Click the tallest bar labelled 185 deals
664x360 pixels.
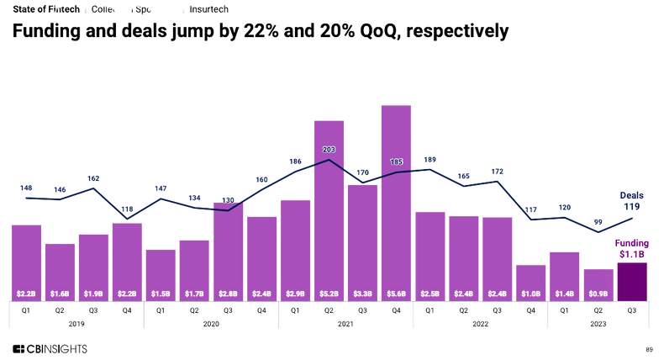(x=396, y=202)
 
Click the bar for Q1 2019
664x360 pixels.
(x=26, y=261)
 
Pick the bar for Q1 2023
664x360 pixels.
(x=565, y=274)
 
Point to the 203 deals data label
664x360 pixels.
(x=329, y=150)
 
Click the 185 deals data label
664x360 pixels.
(x=396, y=161)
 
